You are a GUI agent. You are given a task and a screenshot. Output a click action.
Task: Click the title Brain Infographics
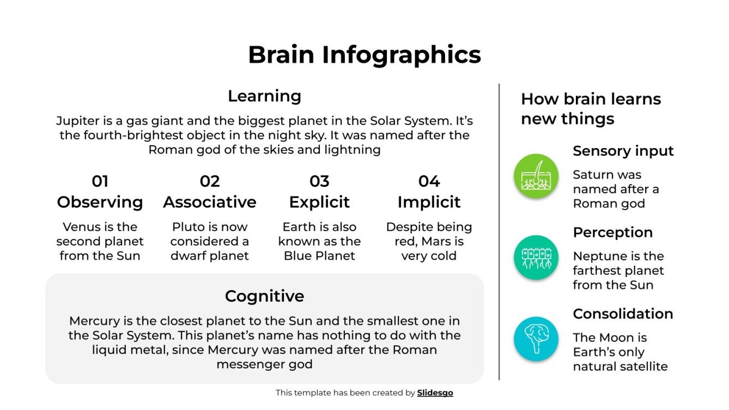point(364,55)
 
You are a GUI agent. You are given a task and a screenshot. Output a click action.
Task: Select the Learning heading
point(264,96)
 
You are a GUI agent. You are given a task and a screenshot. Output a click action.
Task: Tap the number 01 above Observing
point(100,181)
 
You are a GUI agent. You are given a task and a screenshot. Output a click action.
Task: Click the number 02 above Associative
point(210,181)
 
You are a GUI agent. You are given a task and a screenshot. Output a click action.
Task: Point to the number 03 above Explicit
point(319,181)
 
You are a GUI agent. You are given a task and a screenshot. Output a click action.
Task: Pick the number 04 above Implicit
point(429,181)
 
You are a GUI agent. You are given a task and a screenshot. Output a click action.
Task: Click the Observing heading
point(100,202)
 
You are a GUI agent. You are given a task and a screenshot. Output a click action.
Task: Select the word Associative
point(210,202)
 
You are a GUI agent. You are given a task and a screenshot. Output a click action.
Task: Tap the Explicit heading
point(319,202)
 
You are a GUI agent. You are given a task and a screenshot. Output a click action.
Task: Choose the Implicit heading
point(429,202)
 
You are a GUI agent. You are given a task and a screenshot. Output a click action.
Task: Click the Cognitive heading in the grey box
point(264,296)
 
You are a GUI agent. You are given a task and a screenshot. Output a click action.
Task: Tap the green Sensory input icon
point(536,176)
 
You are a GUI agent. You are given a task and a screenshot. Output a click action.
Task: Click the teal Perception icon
point(536,258)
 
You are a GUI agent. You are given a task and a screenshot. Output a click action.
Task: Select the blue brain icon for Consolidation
point(536,339)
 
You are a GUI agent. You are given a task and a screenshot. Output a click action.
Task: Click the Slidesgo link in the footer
point(435,393)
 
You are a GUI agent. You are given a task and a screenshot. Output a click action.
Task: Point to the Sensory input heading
point(623,151)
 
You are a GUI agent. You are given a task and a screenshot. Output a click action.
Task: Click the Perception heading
point(612,232)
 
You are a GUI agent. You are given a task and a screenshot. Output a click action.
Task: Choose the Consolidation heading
point(623,314)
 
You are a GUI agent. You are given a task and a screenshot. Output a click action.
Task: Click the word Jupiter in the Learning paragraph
point(75,121)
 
